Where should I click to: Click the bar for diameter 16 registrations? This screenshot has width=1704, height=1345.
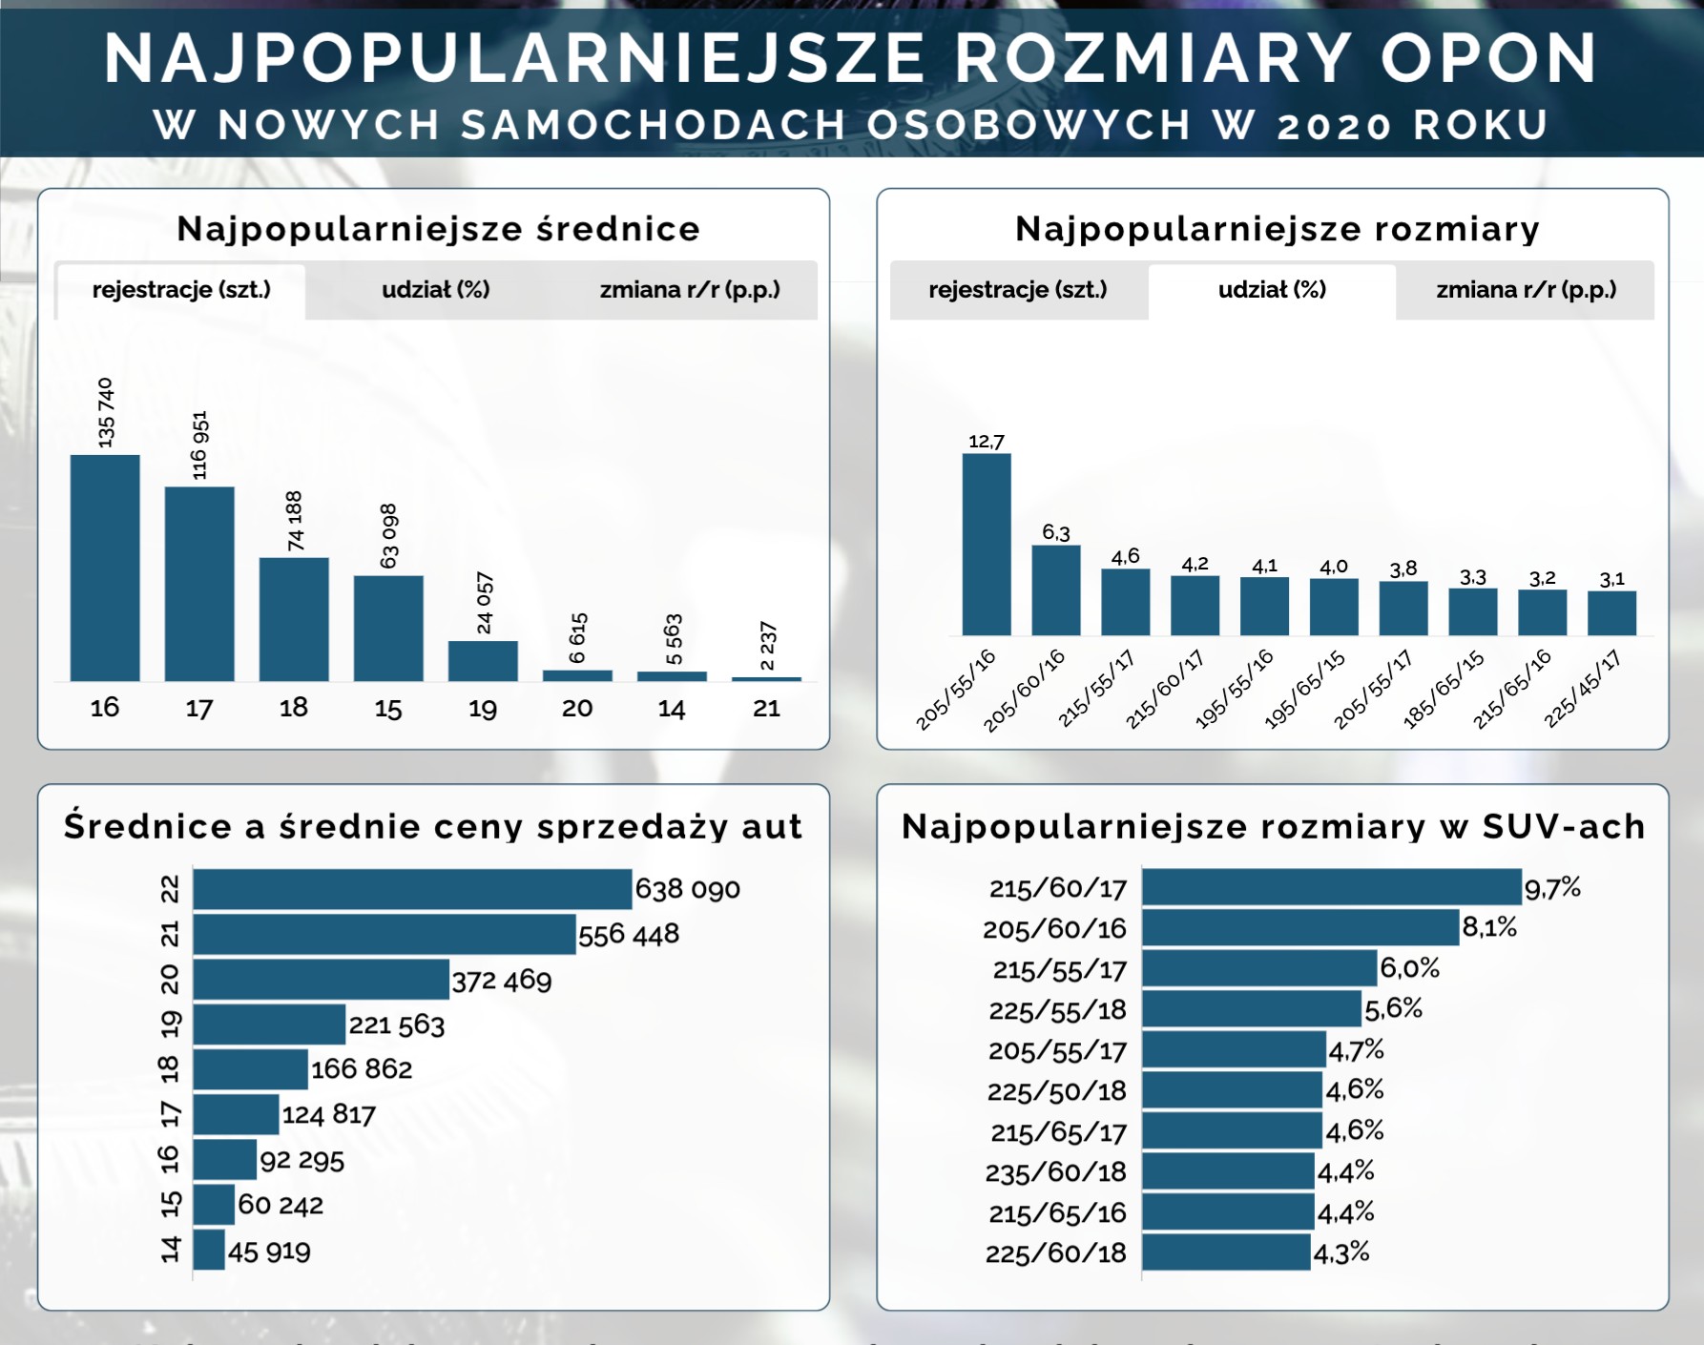pyautogui.click(x=105, y=569)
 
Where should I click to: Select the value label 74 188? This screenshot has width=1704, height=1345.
pyautogui.click(x=295, y=521)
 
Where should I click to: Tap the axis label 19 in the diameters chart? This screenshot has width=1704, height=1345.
pyautogui.click(x=483, y=709)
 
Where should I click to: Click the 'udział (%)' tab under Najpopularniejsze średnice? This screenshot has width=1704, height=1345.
pyautogui.click(x=436, y=290)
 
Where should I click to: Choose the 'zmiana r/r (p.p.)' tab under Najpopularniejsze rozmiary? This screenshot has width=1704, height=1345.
pyautogui.click(x=1526, y=290)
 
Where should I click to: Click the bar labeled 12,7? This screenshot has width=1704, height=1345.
pyautogui.click(x=987, y=545)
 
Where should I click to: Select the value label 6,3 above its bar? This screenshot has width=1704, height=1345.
pyautogui.click(x=1056, y=532)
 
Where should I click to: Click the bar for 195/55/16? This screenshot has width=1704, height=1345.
pyautogui.click(x=1264, y=607)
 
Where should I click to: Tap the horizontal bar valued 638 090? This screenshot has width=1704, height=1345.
pyautogui.click(x=412, y=889)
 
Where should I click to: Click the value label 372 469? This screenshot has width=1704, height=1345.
pyautogui.click(x=502, y=981)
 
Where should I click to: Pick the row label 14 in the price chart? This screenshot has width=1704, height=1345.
pyautogui.click(x=170, y=1250)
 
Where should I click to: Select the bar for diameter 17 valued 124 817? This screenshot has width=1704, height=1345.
pyautogui.click(x=236, y=1114)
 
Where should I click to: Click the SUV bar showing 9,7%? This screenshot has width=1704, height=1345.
pyautogui.click(x=1331, y=887)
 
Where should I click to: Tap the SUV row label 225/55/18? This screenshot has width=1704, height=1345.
pyautogui.click(x=1057, y=1009)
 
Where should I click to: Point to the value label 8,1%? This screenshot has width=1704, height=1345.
pyautogui.click(x=1489, y=927)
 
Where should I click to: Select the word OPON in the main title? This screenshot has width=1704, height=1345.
pyautogui.click(x=1488, y=59)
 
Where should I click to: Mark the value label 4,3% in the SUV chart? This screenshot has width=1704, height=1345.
pyautogui.click(x=1341, y=1253)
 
